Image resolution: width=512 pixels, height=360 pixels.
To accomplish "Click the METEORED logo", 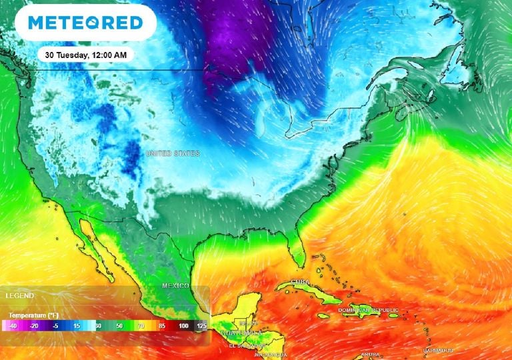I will click(85, 23).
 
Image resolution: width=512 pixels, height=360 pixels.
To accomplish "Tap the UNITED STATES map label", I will click(173, 154).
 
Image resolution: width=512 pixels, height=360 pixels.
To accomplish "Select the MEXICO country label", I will click(176, 285).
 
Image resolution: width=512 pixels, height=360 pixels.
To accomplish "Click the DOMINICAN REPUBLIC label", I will click(368, 310).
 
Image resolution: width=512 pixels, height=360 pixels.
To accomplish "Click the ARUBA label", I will click(370, 355).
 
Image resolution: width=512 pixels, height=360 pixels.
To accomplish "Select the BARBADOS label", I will click(437, 350).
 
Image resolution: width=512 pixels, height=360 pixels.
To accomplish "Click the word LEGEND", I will click(19, 295).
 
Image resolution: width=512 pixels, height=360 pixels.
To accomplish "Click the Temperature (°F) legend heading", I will click(33, 314).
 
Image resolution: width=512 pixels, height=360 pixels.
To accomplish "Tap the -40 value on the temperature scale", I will click(11, 326).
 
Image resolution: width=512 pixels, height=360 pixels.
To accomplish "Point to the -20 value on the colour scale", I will click(34, 326).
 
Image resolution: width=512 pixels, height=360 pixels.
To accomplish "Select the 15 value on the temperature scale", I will click(77, 326).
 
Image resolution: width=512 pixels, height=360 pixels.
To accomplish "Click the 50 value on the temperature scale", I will click(119, 326).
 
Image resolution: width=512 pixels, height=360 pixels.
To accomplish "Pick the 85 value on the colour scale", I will click(161, 326).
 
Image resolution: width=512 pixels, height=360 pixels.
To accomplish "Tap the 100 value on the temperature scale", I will click(183, 326).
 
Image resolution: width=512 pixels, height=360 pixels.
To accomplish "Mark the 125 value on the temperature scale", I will click(201, 326).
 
